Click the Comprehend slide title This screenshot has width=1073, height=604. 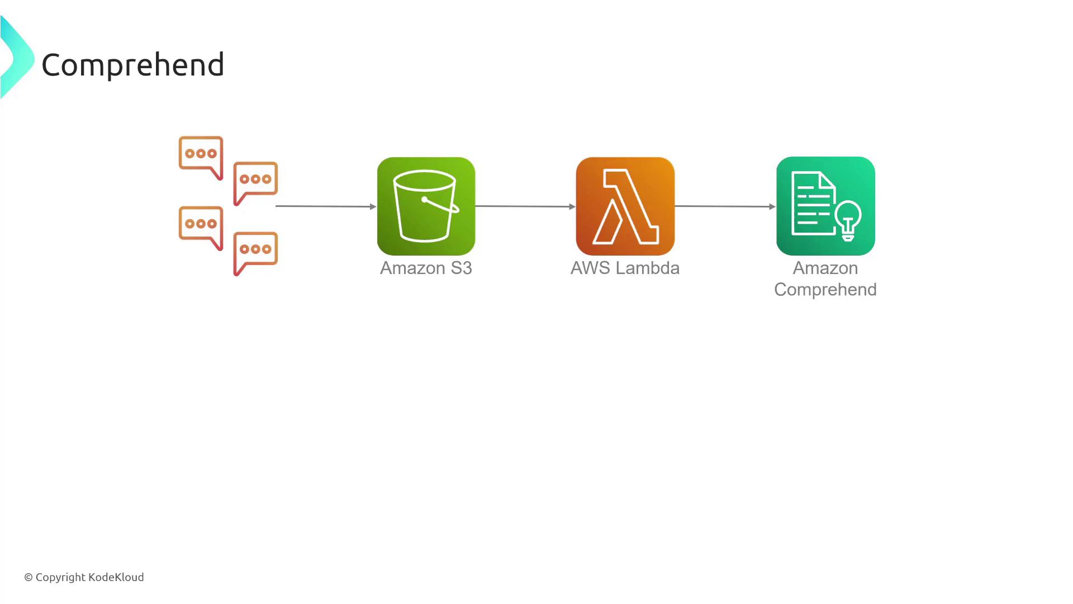click(x=133, y=65)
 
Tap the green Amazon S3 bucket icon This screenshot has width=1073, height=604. click(x=426, y=206)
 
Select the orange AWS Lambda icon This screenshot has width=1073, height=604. click(x=625, y=206)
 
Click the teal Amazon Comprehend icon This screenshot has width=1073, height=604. click(x=825, y=206)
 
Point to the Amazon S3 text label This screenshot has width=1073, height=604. click(x=426, y=268)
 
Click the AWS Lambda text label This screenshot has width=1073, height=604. click(x=625, y=268)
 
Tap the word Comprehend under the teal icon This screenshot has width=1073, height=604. click(x=825, y=290)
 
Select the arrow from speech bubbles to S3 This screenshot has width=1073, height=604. click(x=326, y=206)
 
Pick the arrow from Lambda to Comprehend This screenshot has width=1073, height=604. click(x=725, y=206)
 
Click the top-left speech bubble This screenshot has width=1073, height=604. click(x=201, y=157)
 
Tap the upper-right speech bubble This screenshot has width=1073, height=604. click(x=255, y=183)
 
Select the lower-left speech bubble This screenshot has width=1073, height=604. click(x=201, y=228)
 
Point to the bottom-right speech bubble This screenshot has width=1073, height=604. click(x=255, y=253)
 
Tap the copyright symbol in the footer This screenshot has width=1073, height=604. click(x=29, y=577)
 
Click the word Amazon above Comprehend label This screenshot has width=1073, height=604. click(x=825, y=268)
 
